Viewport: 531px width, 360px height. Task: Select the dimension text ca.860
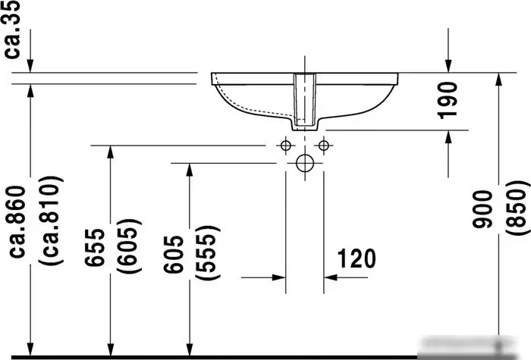[x=17, y=224]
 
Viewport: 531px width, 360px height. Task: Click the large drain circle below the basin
[x=304, y=163]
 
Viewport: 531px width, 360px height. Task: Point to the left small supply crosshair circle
[x=285, y=145]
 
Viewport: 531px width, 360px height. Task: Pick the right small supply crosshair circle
[x=323, y=145]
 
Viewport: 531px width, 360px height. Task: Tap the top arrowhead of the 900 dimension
[x=498, y=80]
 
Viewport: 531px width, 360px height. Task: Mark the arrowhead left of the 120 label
[x=279, y=277]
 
